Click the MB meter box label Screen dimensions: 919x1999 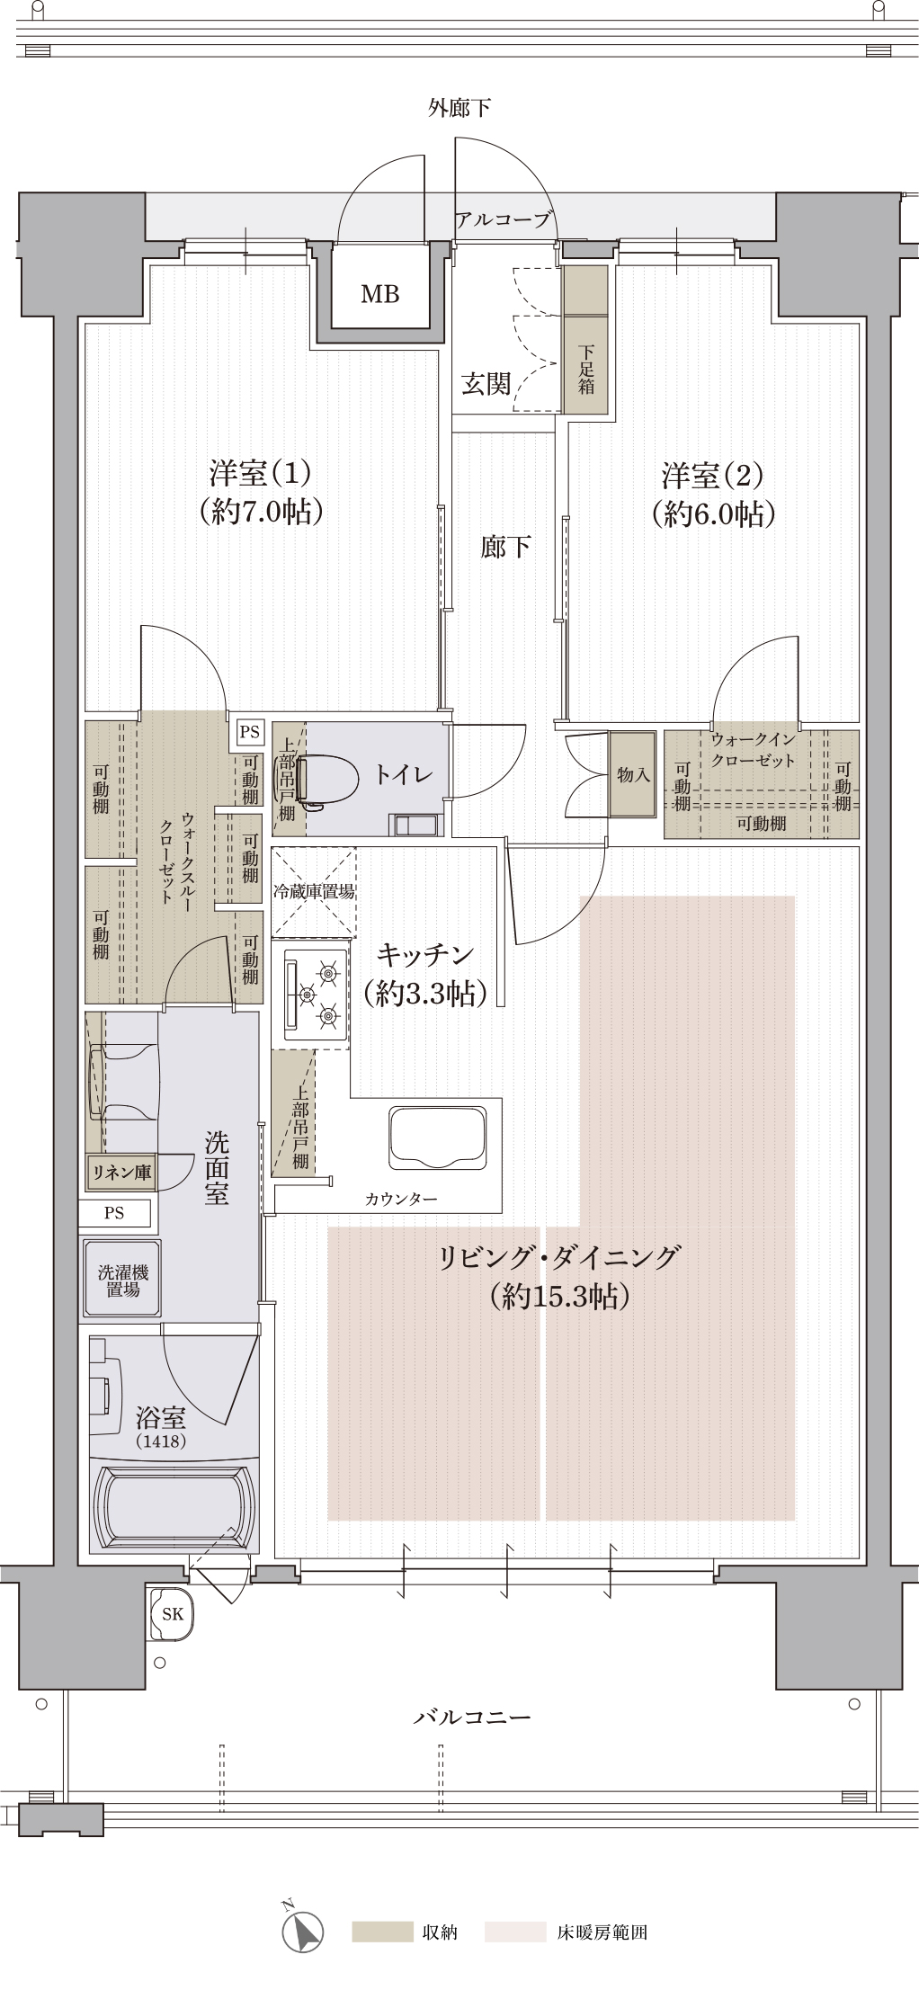pos(379,293)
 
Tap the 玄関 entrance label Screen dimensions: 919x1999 pos(486,384)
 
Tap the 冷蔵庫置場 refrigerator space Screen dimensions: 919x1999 pos(314,892)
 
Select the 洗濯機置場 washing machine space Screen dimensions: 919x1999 pos(122,1280)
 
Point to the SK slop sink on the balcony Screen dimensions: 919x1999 pos(172,1614)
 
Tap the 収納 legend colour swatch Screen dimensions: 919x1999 pos(381,1932)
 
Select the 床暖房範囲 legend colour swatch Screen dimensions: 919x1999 pos(515,1932)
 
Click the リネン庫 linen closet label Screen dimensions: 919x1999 pos(121,1172)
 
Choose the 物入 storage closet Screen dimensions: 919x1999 pos(632,773)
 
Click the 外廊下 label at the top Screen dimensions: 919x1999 pos(459,108)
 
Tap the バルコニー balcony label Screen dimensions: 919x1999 pos(472,1717)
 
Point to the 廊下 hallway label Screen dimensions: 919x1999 pos(504,546)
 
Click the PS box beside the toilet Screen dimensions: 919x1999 pos(249,732)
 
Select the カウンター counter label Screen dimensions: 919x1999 pos(401,1199)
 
